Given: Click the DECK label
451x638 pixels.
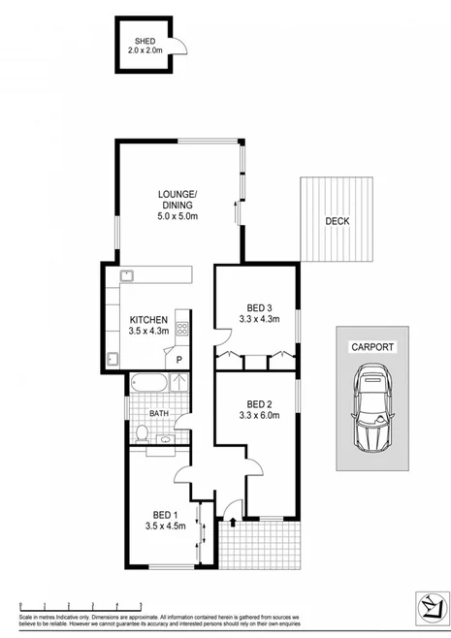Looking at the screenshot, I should tap(337, 220).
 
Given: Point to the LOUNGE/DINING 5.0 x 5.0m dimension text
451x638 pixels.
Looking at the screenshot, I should tap(177, 216).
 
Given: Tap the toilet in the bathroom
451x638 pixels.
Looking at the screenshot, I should tap(142, 431).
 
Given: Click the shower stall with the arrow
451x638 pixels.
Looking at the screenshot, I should tap(179, 382).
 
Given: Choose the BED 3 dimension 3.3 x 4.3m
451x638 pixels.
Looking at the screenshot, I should tap(257, 319).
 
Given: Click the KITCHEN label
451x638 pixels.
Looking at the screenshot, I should tap(148, 319).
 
